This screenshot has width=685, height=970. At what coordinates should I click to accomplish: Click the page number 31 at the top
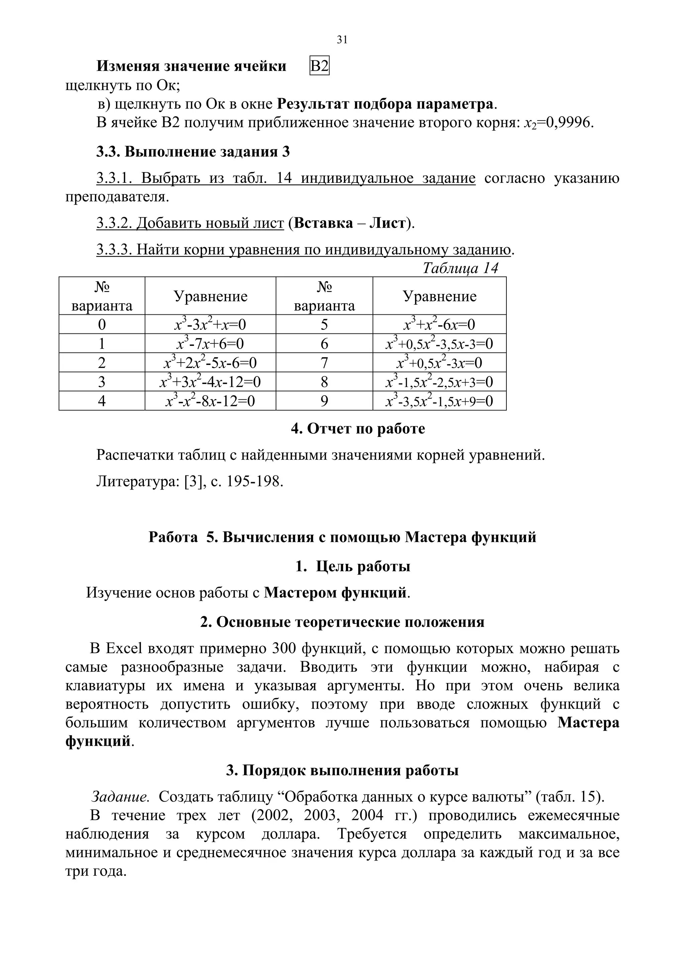tap(342, 40)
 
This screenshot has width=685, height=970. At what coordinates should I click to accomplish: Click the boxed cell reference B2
tap(319, 66)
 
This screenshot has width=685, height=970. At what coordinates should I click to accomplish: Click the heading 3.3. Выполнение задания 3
tap(193, 152)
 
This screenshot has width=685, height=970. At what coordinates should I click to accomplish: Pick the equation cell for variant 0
tap(210, 324)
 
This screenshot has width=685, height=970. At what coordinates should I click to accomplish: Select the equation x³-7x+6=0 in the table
tap(210, 344)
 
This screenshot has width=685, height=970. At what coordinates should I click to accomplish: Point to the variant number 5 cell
tap(324, 324)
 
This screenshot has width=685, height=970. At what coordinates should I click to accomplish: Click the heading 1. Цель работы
tap(353, 566)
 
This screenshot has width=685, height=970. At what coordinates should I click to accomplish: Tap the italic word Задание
tap(120, 797)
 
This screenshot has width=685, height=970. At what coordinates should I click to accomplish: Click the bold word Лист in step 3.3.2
tap(387, 223)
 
